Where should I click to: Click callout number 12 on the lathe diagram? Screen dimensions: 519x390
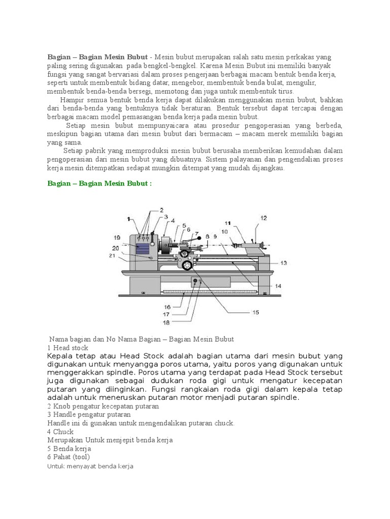[x=263, y=218]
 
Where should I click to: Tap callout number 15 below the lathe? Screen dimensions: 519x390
[x=255, y=312]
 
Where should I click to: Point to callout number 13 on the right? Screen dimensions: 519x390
[x=283, y=263]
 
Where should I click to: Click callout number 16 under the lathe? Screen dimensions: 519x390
[x=167, y=307]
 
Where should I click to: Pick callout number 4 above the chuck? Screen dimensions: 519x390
[x=173, y=220]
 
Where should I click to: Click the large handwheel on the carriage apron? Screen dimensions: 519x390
[x=187, y=265]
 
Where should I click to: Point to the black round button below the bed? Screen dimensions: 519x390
[x=195, y=281]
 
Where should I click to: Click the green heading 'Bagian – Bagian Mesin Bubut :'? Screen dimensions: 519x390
[x=100, y=183]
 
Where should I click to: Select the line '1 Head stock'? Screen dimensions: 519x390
[x=68, y=348]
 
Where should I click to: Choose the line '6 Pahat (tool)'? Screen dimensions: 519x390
[x=69, y=457]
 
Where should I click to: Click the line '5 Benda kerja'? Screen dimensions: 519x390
[x=69, y=449]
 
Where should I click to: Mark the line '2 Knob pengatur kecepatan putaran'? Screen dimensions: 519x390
[x=103, y=406]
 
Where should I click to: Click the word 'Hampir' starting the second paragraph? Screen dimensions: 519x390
[x=71, y=99]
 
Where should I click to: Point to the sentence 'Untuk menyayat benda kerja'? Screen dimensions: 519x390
[x=90, y=466]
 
